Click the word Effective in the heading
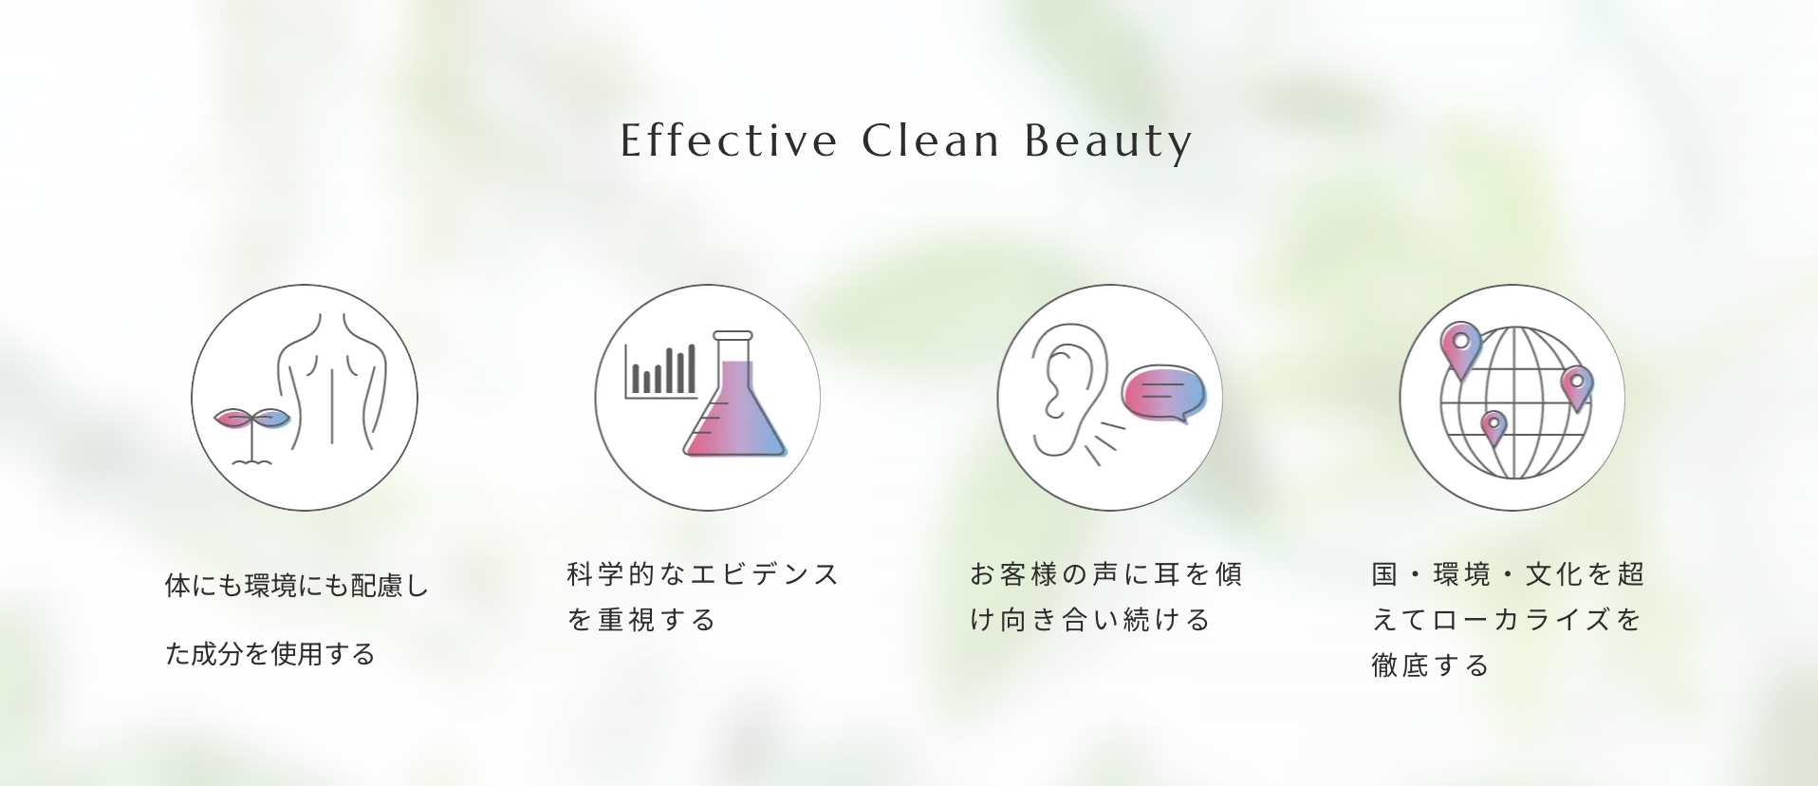coord(729,140)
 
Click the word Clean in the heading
coord(931,140)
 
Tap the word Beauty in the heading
coord(1108,142)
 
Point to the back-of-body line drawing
coord(332,380)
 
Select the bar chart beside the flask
coord(661,371)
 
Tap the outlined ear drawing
coord(1067,389)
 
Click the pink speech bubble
coord(1163,393)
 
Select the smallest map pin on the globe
coord(1493,428)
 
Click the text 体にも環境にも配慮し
coord(297,586)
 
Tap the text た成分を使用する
coord(270,654)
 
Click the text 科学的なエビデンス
coord(703,574)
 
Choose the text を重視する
coord(641,620)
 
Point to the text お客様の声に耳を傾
coord(1106,574)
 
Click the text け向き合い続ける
coord(1090,620)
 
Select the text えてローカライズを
coord(1507,620)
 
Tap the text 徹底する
coord(1430,665)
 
